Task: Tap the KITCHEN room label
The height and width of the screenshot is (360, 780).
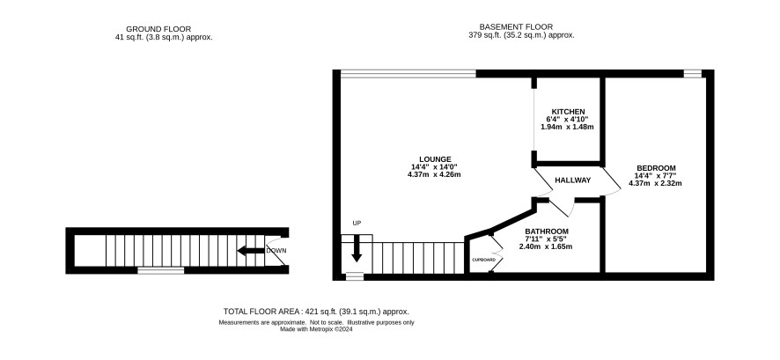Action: [x=568, y=112]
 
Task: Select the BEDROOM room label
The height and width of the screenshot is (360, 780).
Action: [x=656, y=167]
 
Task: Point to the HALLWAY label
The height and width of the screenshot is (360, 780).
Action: [x=572, y=180]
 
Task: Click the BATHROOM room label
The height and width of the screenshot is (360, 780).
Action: [x=547, y=231]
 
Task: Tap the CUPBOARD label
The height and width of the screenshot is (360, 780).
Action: [x=483, y=260]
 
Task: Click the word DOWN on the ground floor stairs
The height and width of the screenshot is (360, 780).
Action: [x=276, y=251]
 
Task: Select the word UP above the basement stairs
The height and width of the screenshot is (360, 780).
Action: [x=357, y=224]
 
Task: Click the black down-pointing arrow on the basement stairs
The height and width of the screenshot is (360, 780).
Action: [x=357, y=248]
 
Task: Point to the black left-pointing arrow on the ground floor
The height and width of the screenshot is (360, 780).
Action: [x=251, y=251]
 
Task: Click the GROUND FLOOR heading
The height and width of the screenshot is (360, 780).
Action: [x=158, y=29]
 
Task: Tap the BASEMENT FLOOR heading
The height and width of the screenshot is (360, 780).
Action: [x=516, y=27]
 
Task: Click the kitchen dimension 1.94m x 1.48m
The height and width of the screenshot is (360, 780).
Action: [x=567, y=127]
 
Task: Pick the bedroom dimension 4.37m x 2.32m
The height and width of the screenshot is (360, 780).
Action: [x=655, y=183]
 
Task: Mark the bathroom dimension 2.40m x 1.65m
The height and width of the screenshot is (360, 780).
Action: [x=546, y=246]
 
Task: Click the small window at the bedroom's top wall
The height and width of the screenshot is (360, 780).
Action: [x=693, y=74]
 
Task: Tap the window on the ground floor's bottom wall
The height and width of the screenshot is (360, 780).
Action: [x=161, y=270]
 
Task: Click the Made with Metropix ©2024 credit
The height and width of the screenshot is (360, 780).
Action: [x=316, y=328]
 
